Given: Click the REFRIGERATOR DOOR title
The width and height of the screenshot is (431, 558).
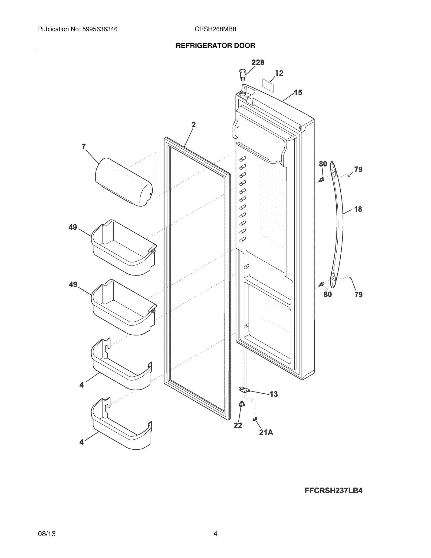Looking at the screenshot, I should click(x=215, y=46).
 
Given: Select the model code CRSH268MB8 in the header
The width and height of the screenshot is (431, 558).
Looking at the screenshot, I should click(x=215, y=29).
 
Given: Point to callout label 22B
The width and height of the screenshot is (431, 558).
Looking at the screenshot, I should click(x=258, y=63).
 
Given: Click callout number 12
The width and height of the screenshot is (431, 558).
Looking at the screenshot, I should click(x=279, y=73).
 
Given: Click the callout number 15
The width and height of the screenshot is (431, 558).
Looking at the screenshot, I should click(x=298, y=93).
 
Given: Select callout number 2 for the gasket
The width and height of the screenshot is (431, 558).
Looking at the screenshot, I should click(x=194, y=125).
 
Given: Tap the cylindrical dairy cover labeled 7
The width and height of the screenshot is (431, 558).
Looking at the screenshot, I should click(x=124, y=182).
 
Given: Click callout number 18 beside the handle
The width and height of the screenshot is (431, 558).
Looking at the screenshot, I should click(x=358, y=209).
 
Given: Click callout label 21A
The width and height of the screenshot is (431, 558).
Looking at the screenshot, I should click(x=266, y=432).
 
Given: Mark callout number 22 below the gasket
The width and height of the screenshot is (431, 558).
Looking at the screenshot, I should click(x=238, y=425).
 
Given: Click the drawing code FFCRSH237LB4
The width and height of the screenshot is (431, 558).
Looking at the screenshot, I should click(x=333, y=491).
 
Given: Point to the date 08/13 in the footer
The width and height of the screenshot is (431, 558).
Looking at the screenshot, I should click(x=47, y=534).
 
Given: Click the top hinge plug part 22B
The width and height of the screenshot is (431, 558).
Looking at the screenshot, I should click(x=242, y=74).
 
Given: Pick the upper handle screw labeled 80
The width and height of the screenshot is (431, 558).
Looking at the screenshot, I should click(x=322, y=180).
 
